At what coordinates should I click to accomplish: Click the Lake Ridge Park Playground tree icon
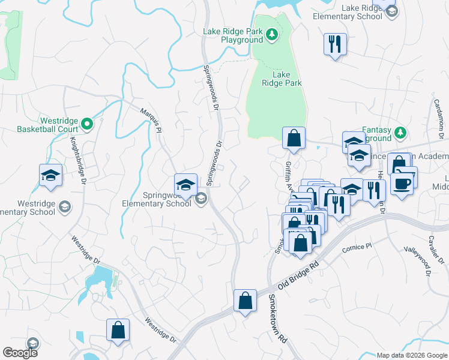(271, 34)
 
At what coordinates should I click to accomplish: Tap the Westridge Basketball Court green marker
(86, 124)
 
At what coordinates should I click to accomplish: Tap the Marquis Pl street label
(151, 117)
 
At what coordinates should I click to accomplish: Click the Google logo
(20, 353)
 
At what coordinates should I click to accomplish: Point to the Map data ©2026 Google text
(411, 355)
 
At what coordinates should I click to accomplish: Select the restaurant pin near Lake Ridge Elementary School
(334, 43)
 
